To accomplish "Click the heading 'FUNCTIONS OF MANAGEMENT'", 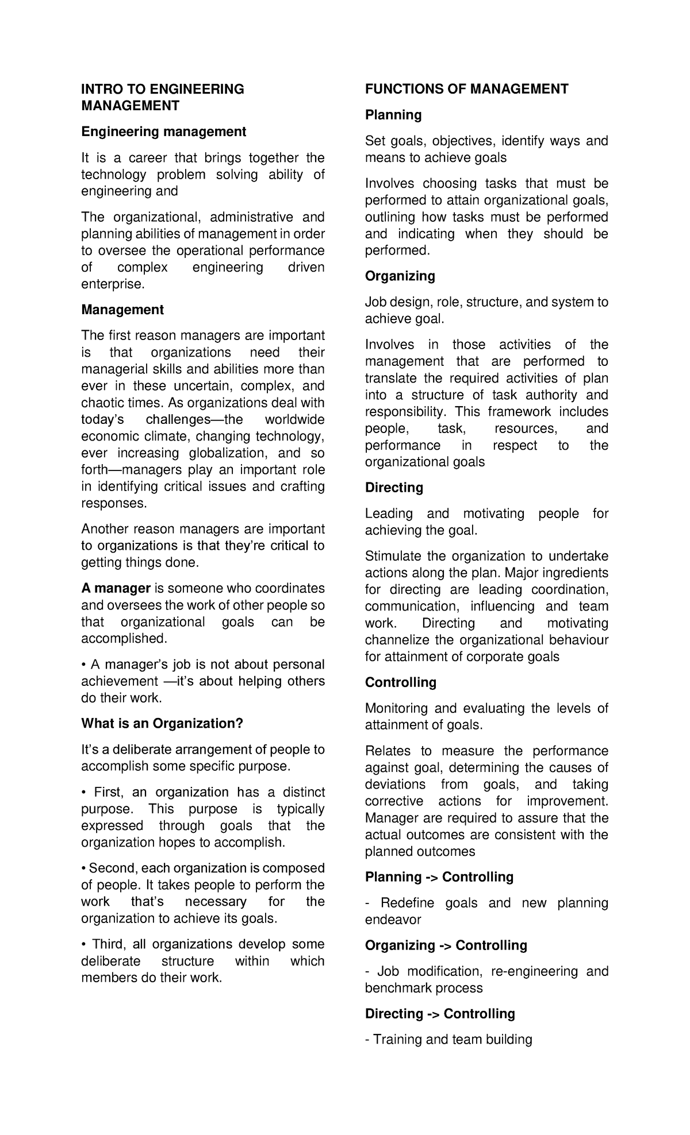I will click(x=466, y=89).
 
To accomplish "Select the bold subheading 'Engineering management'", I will click(x=163, y=132).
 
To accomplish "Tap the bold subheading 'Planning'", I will click(x=393, y=115).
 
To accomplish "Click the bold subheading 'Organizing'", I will click(x=400, y=276).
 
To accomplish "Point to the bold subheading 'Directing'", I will click(x=394, y=488).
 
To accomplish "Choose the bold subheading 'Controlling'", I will click(x=400, y=682).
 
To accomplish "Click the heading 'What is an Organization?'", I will click(x=162, y=724).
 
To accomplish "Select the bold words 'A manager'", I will click(x=116, y=589).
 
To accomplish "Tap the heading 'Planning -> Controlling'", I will click(x=439, y=877).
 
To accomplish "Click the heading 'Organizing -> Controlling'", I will click(x=446, y=945).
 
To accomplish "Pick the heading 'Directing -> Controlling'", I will click(x=440, y=1014).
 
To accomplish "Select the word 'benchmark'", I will click(x=394, y=988).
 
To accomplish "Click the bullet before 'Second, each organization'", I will click(x=84, y=868).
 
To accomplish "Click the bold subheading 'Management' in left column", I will click(x=122, y=310).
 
